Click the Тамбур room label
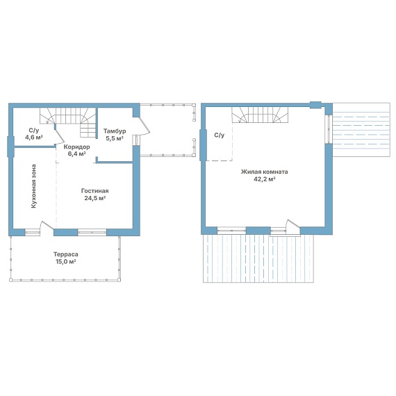(115, 131)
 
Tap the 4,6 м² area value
(33, 138)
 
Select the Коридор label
(76, 147)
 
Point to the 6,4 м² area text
(76, 154)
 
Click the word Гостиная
(94, 191)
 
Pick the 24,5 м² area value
(94, 198)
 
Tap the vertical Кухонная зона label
(33, 186)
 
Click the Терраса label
(66, 254)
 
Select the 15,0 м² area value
(66, 261)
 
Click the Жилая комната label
(264, 172)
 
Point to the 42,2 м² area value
(264, 179)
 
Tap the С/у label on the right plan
(220, 135)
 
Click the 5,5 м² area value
(115, 138)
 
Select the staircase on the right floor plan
(260, 115)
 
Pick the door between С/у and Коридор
(59, 135)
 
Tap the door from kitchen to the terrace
(47, 226)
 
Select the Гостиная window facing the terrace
(92, 232)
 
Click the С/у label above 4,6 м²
(34, 131)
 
